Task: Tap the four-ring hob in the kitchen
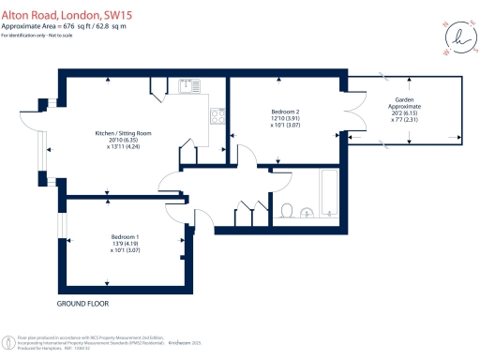(218, 116)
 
